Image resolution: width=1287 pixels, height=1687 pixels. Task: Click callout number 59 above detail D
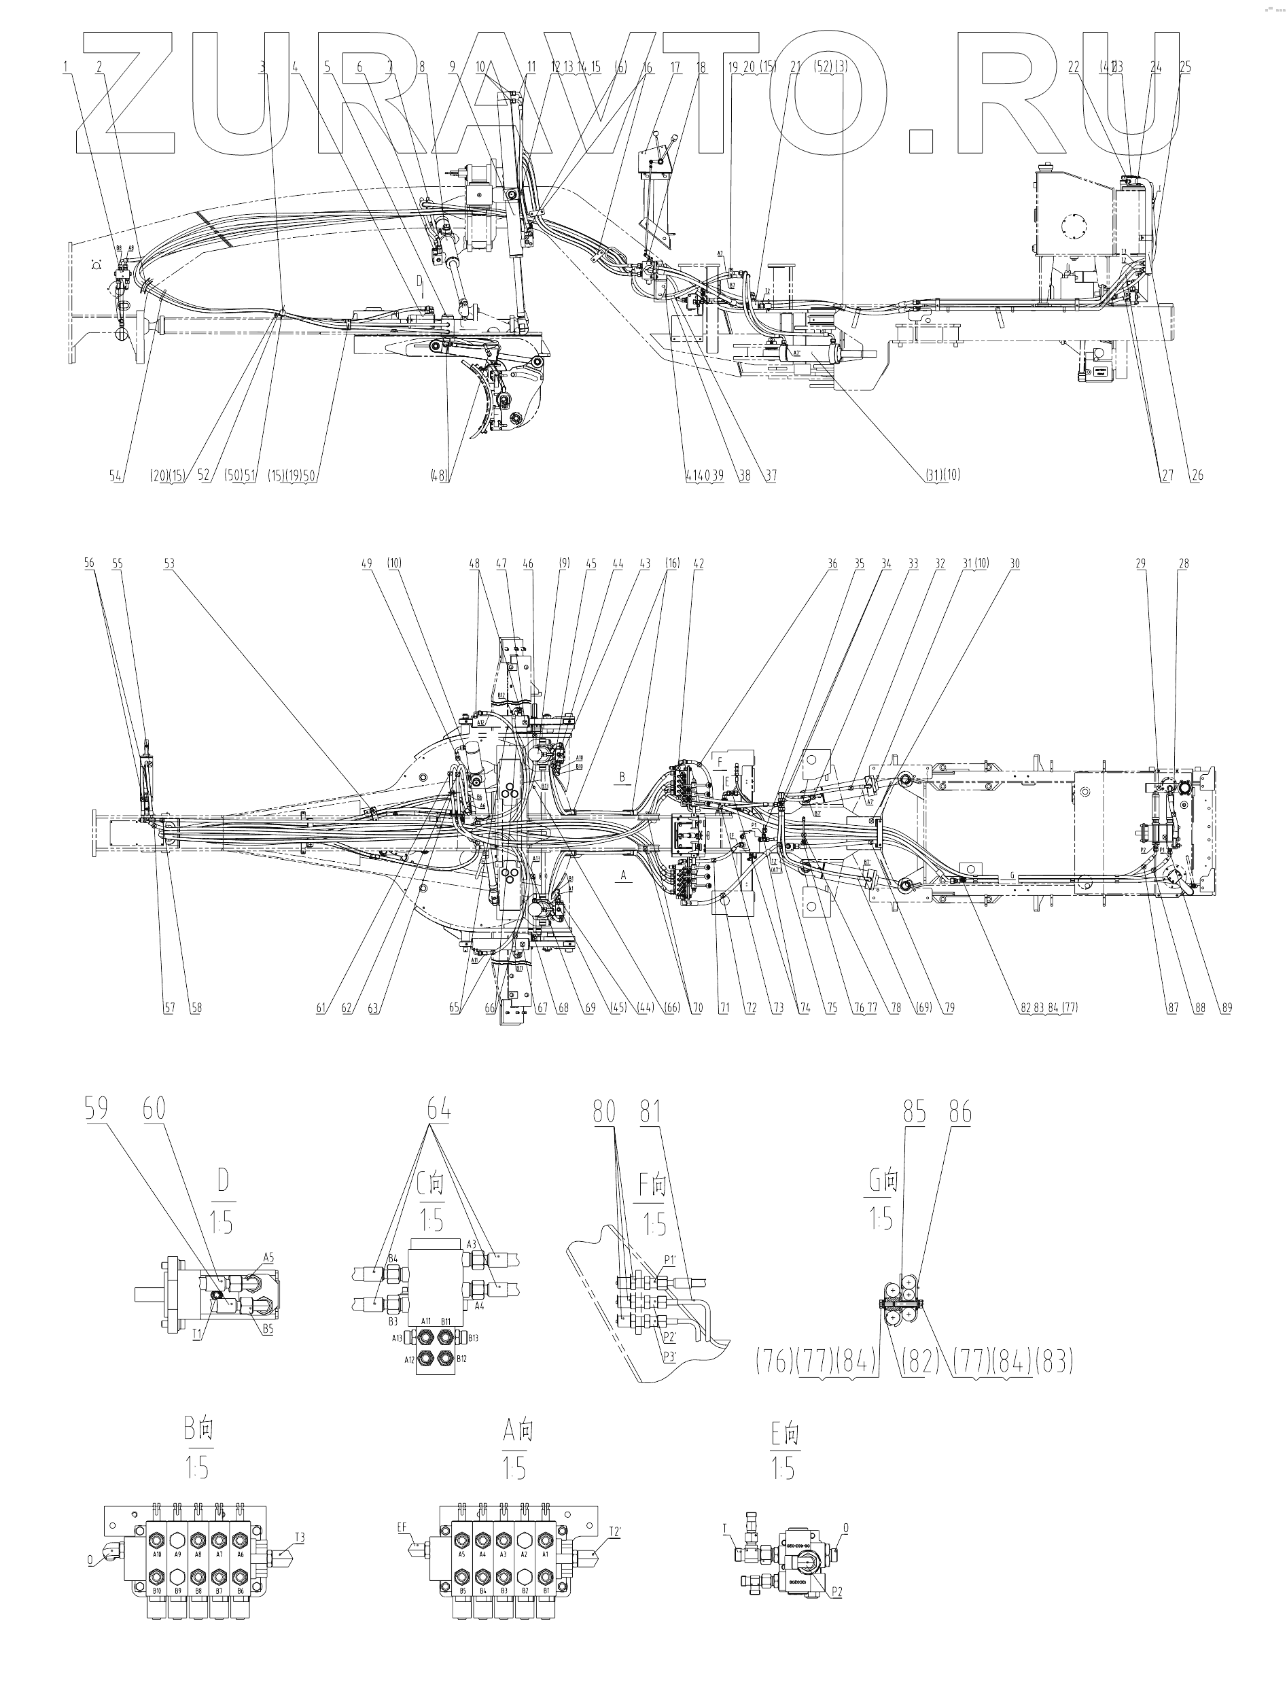coord(96,1110)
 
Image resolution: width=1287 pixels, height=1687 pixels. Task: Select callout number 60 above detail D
coord(154,1110)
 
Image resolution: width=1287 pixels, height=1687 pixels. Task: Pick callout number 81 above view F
coord(650,1113)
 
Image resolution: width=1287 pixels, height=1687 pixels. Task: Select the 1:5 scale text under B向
coord(196,1468)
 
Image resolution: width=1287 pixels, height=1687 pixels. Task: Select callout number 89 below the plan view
coord(1227,1007)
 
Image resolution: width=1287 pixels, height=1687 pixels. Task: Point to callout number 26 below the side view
coord(1197,475)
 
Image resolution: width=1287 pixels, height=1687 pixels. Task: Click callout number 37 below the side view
coord(771,475)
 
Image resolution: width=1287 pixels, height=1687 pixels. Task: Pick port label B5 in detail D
coord(267,1330)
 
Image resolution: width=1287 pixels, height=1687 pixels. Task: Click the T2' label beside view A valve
coord(614,1532)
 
